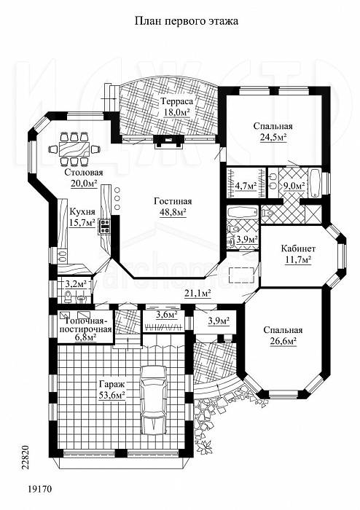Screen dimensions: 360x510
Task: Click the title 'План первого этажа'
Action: tap(187, 21)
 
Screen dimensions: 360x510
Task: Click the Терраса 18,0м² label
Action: tap(176, 106)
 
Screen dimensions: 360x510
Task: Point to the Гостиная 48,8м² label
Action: tap(173, 207)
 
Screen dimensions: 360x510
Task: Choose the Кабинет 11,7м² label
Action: tap(298, 254)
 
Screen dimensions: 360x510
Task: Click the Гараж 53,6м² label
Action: tap(111, 390)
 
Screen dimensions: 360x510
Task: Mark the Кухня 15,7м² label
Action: tap(82, 217)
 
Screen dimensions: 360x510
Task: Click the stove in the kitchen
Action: tap(104, 226)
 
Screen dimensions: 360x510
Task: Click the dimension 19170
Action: tap(40, 489)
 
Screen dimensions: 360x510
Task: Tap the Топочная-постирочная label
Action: tap(86, 325)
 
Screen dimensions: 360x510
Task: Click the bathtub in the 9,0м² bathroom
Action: tap(315, 182)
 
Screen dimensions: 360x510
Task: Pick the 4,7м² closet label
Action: tap(246, 186)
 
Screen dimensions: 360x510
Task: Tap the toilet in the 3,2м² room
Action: tap(68, 297)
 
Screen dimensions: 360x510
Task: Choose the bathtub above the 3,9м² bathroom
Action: tap(241, 213)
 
